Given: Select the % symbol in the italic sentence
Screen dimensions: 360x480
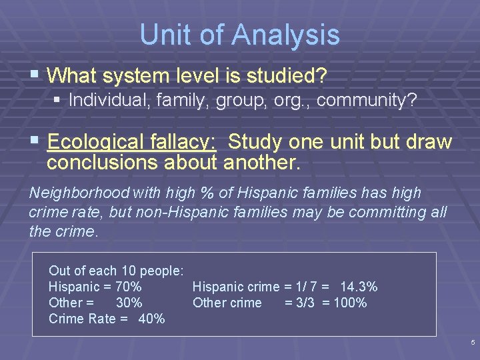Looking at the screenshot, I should tap(207, 193).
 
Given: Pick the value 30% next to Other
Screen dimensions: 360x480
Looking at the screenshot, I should tap(129, 303).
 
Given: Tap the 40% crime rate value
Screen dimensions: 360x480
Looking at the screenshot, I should tap(151, 319).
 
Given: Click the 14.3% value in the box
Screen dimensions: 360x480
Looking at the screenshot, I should tap(358, 287).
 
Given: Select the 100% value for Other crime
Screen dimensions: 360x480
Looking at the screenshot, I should tap(350, 303).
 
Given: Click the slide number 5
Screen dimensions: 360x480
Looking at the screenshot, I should tap(472, 343).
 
